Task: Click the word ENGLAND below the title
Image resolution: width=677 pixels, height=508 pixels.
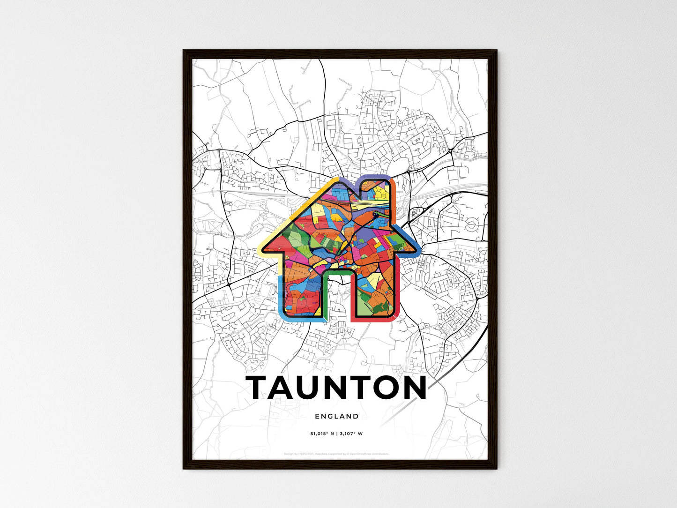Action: (337, 416)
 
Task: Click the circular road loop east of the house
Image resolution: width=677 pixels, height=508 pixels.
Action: (471, 227)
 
